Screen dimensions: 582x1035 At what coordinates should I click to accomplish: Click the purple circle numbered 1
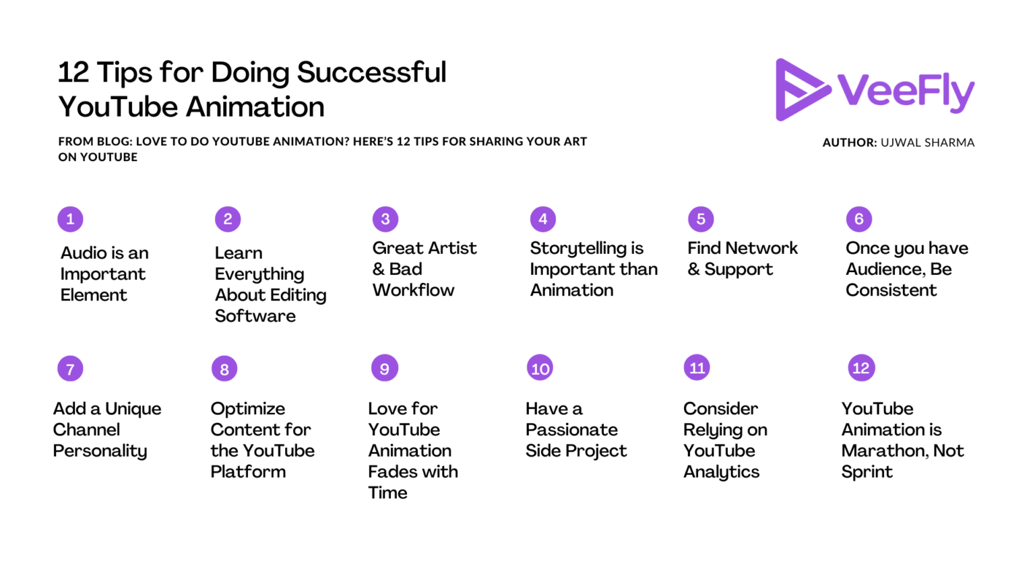click(70, 219)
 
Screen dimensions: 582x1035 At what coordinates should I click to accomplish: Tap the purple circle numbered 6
click(858, 219)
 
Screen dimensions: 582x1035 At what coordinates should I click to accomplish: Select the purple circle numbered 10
click(540, 368)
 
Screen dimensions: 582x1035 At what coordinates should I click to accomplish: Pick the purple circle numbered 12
click(860, 368)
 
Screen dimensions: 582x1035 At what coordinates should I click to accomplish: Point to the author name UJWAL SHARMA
click(927, 143)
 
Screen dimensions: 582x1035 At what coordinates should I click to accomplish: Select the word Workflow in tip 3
click(413, 290)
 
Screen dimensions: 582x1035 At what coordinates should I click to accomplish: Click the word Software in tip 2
click(255, 316)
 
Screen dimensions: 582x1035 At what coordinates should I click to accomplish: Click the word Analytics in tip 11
click(721, 472)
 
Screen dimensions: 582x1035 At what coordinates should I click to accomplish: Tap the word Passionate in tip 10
click(571, 430)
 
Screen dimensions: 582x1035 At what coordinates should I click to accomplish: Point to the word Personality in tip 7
click(100, 451)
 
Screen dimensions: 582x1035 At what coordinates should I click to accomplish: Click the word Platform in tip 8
click(248, 472)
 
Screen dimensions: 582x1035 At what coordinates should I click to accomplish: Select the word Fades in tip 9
click(392, 472)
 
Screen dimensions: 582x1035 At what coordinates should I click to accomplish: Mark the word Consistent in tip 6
click(891, 290)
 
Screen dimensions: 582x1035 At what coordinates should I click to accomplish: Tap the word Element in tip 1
click(94, 295)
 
